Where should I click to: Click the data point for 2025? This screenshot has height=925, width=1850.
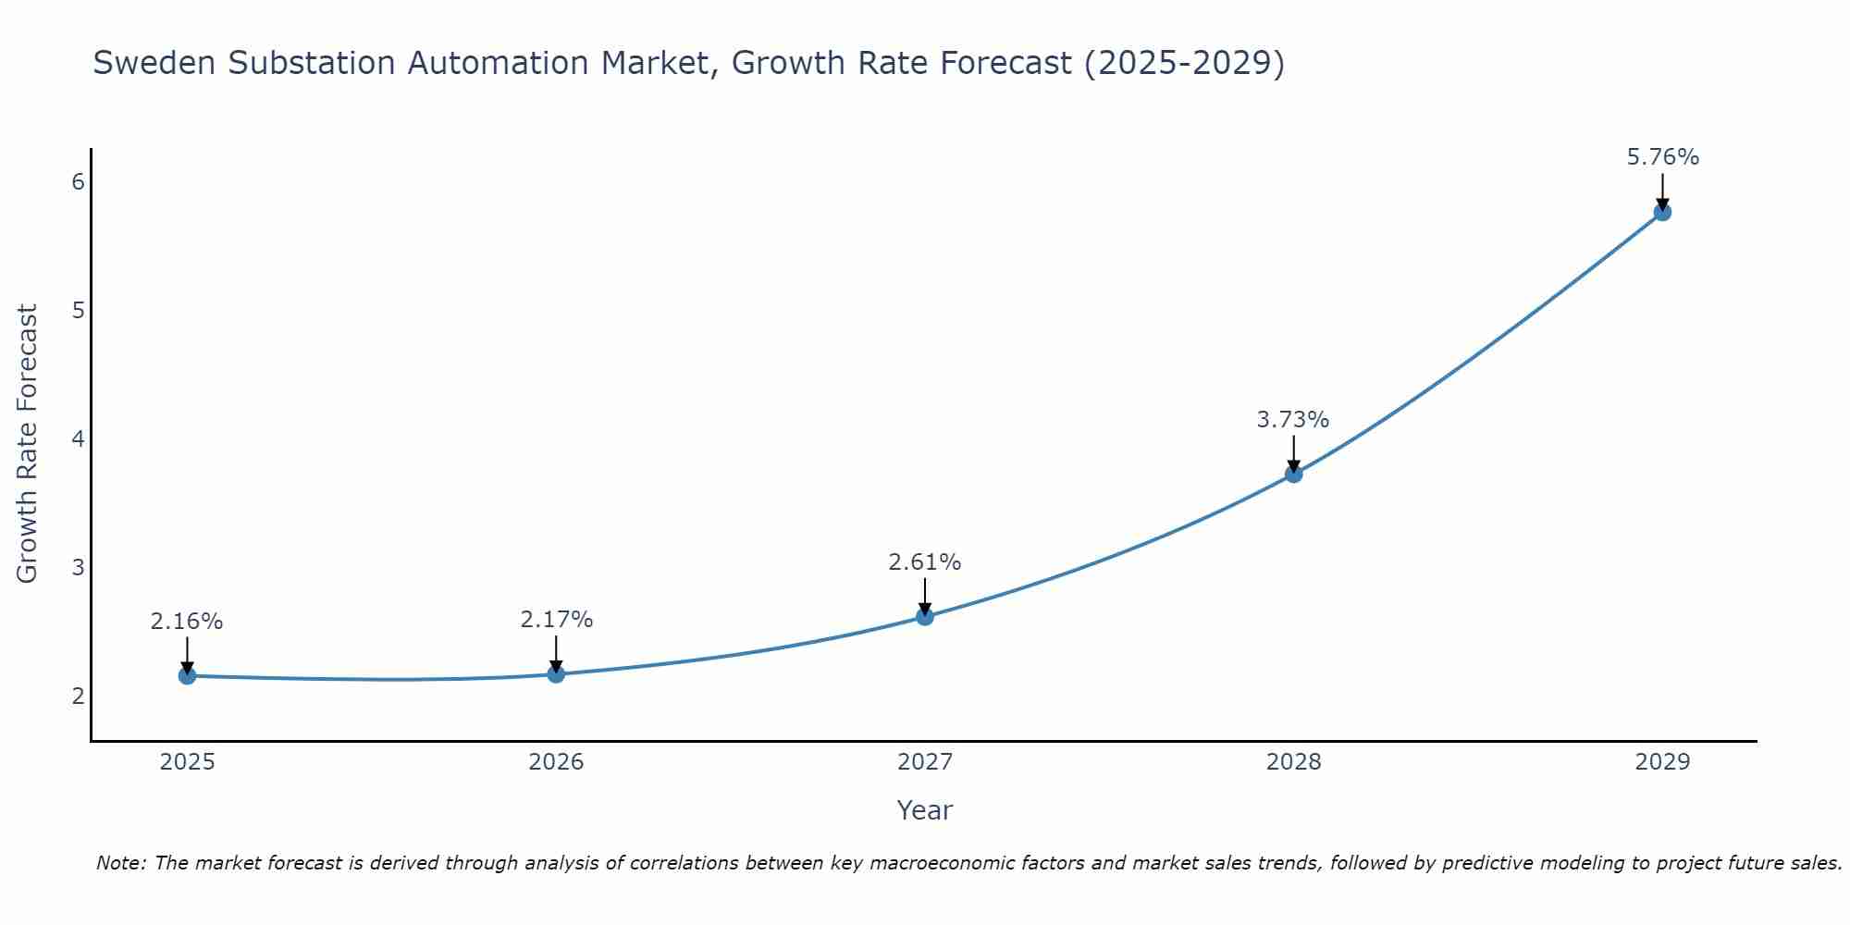[x=187, y=676]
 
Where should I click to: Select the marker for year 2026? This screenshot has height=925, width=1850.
[x=556, y=674]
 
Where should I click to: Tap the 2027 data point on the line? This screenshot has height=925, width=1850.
[x=925, y=617]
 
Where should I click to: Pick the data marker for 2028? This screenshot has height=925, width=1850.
[x=1294, y=475]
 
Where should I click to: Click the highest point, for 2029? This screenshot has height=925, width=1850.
[x=1662, y=212]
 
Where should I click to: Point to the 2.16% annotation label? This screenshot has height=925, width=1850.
[x=187, y=622]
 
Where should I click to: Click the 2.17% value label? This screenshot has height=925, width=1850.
[x=556, y=620]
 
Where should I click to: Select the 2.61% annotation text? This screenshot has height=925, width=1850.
[x=925, y=562]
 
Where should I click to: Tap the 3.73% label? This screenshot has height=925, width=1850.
[x=1293, y=420]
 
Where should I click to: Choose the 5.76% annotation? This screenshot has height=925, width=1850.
[x=1662, y=157]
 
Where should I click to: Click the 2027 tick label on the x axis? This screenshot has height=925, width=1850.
[x=925, y=762]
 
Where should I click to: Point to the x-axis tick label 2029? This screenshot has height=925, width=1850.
[x=1662, y=762]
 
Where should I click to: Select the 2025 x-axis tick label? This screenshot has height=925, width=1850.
[x=187, y=762]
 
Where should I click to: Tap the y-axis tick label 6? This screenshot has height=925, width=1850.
[x=78, y=182]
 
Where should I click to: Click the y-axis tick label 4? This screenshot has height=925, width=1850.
[x=78, y=438]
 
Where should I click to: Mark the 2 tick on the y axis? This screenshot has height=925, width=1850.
[x=78, y=696]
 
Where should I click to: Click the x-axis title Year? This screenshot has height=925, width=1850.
[x=925, y=810]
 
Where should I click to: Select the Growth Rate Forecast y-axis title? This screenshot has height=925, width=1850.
[x=28, y=444]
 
